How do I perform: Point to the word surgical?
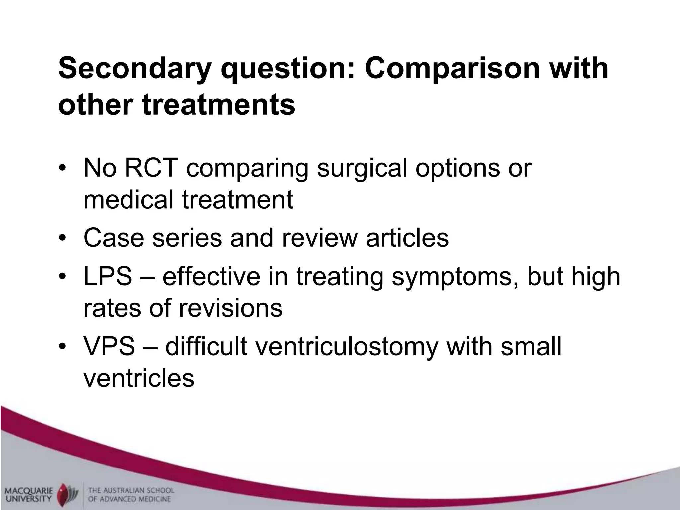pos(362,169)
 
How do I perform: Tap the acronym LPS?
pos(108,277)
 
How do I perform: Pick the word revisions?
pos(230,308)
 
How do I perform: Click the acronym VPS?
pos(109,346)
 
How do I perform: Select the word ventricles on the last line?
pos(139,378)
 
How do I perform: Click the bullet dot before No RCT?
pos(62,168)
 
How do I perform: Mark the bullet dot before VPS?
pos(62,346)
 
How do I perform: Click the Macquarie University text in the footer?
pos(29,494)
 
